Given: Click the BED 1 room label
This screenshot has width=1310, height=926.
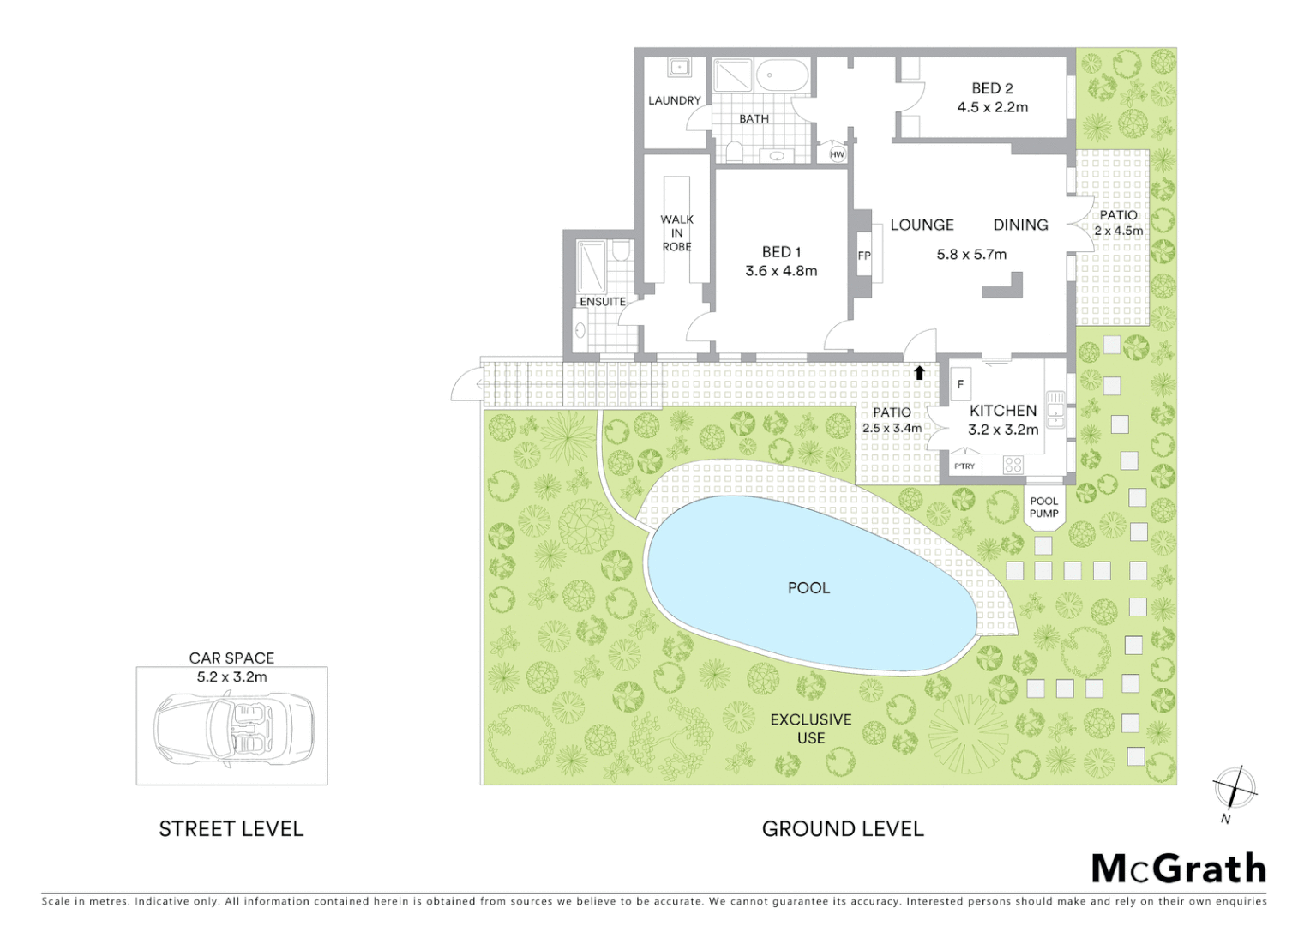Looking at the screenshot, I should pos(781,252).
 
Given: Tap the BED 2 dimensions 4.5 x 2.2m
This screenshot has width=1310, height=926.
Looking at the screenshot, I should pos(992,107).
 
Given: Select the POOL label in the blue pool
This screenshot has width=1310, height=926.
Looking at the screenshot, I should pos(808,588).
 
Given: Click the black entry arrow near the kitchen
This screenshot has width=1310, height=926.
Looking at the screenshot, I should pos(919,372).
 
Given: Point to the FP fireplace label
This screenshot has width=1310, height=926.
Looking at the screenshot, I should pos(864,256).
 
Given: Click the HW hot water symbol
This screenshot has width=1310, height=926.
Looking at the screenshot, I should pos(837,154).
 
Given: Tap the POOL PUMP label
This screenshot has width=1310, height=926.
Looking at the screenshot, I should pos(1043,508).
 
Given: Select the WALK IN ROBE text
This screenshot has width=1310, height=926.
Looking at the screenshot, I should pos(676,233).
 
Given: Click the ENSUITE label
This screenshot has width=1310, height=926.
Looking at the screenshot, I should pos(603,302).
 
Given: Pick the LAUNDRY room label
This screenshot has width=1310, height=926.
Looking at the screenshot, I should pos(674,101).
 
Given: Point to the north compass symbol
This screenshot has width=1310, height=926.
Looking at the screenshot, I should pos(1234,789).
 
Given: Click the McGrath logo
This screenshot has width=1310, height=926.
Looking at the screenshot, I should pos(1178,869).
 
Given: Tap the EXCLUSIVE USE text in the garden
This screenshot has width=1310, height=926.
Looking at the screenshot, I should pos(810,729).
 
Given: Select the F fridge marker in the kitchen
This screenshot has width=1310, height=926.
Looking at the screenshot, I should pos(960,384).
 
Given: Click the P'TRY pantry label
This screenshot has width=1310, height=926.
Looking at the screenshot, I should pos(964,466).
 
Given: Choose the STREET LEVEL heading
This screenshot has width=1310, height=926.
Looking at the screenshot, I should pos(231,829).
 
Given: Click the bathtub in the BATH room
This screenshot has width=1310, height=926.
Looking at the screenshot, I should pos(782,76).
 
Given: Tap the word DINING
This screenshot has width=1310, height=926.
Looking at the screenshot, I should pos(1020,225).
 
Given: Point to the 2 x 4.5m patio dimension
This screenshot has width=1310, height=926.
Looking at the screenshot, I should pos(1118,231).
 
